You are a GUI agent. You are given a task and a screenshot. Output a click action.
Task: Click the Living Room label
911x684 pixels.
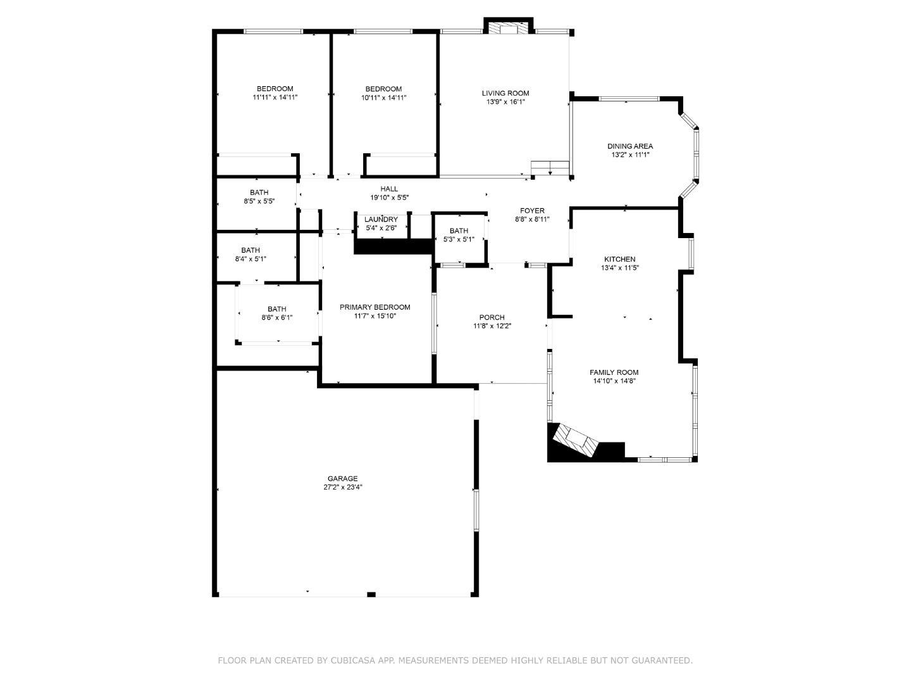point(505,93)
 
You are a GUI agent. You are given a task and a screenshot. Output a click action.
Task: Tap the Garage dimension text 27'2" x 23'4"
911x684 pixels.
point(342,488)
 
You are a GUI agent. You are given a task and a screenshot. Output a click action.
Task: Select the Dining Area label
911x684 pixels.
point(630,146)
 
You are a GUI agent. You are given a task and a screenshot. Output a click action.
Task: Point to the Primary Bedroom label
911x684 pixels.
point(375,307)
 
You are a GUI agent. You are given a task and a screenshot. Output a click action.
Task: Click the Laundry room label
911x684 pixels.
point(381,220)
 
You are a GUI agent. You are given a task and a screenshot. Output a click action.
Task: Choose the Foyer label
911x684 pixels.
point(532,211)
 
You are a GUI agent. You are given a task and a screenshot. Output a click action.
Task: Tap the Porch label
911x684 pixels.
point(492,317)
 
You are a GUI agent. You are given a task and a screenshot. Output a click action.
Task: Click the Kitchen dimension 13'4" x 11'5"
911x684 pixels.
point(619,268)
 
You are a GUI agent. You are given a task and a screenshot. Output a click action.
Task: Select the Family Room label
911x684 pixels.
point(614,372)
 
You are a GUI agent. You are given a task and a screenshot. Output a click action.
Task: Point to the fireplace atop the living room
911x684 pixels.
point(509,28)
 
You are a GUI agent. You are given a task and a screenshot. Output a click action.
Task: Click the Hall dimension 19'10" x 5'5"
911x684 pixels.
point(389,198)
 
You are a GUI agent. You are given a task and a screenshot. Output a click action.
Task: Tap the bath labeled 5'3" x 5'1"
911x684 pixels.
point(459,235)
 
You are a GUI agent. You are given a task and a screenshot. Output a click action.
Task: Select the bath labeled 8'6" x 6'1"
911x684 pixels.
point(276,313)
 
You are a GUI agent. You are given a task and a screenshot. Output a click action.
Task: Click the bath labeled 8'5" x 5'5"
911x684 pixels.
point(259,197)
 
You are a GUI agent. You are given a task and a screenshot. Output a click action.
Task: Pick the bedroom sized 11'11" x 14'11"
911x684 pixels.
point(275,93)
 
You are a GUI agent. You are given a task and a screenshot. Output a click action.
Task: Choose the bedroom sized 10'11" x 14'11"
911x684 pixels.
point(383,93)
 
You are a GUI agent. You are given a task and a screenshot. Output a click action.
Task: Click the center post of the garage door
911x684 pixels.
point(371,594)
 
